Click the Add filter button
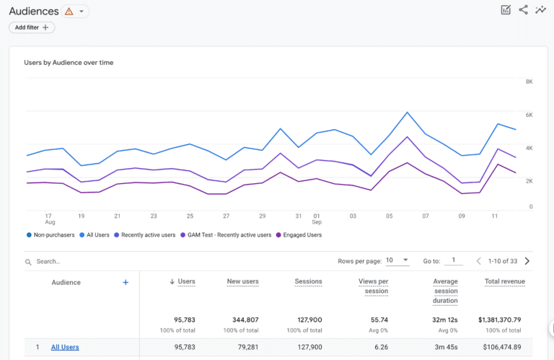32,27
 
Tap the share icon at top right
523,10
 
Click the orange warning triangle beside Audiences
69,12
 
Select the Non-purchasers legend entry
50,234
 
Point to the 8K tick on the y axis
529,82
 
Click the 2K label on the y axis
529,181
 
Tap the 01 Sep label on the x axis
316,219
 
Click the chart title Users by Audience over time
69,63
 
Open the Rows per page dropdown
397,260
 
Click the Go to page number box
453,260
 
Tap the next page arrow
527,261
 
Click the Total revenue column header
504,281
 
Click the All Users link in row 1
65,347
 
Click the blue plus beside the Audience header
126,282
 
